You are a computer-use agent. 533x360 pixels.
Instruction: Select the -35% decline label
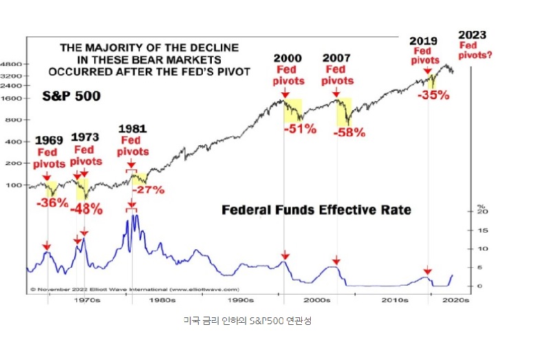coord(433,95)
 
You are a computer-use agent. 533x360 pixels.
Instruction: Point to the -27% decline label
coord(148,189)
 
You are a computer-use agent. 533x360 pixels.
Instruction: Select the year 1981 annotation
coord(132,129)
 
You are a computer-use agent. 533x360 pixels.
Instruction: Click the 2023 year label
coord(472,35)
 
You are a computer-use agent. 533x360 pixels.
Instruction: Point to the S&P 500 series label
coord(71,96)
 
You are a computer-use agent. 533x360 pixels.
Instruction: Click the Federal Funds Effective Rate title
coord(316,209)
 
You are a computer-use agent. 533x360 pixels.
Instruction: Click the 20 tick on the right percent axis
coord(483,212)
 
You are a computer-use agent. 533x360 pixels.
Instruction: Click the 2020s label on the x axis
coord(456,301)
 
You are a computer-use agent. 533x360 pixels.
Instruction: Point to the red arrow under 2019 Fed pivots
coord(428,70)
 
